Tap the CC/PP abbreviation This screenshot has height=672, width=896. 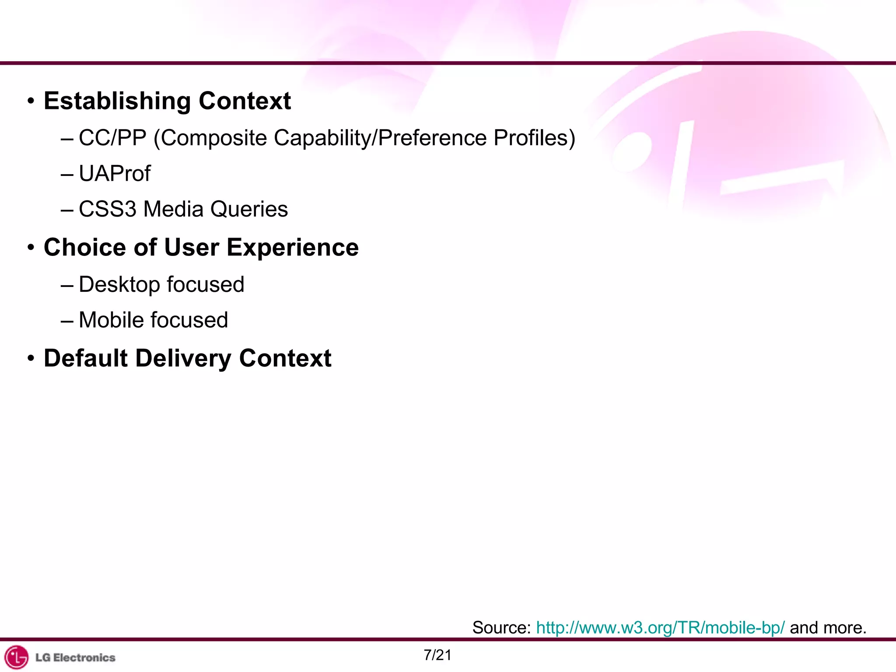[112, 138]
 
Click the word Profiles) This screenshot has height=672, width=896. [534, 138]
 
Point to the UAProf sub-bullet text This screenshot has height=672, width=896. [115, 174]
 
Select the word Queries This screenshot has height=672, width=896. [249, 209]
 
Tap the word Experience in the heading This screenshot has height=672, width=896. [292, 248]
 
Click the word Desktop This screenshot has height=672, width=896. [119, 285]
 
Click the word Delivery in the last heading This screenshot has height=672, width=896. [183, 358]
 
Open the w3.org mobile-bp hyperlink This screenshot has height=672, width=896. [660, 628]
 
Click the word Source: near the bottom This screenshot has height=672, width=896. [501, 628]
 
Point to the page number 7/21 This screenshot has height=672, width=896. [437, 655]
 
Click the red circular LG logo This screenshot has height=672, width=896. [17, 657]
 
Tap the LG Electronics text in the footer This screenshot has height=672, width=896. [75, 658]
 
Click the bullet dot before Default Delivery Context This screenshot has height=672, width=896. [31, 358]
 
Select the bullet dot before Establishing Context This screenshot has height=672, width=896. [31, 101]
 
